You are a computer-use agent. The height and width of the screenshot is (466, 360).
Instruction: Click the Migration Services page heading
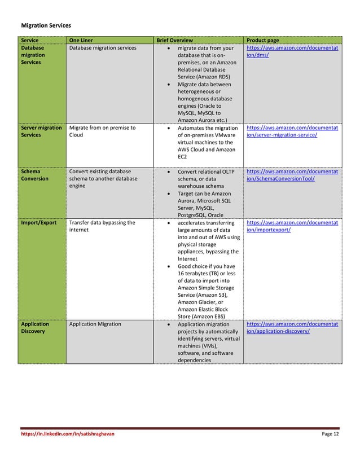point(46,25)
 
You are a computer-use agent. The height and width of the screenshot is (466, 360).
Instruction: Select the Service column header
point(30,41)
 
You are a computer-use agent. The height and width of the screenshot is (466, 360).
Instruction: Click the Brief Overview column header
point(174,41)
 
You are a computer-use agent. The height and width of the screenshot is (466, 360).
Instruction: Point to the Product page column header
point(263,41)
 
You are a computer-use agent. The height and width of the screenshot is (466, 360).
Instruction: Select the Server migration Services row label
point(41,131)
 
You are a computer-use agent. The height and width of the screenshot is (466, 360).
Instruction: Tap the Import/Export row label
point(38,222)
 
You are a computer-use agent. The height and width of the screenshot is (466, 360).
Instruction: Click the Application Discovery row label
point(36,328)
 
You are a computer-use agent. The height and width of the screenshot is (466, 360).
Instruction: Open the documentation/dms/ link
point(292,52)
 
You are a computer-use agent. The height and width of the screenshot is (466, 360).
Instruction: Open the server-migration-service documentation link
point(292,131)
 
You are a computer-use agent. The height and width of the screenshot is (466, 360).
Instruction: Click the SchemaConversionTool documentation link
point(292,175)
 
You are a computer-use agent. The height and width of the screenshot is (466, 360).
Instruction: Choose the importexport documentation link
point(292,226)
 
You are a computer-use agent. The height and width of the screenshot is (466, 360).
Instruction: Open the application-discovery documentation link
point(292,328)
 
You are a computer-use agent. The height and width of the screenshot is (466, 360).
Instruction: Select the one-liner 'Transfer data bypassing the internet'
point(102,226)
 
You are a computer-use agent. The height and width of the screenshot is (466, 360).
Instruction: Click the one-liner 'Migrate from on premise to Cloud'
point(102,131)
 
